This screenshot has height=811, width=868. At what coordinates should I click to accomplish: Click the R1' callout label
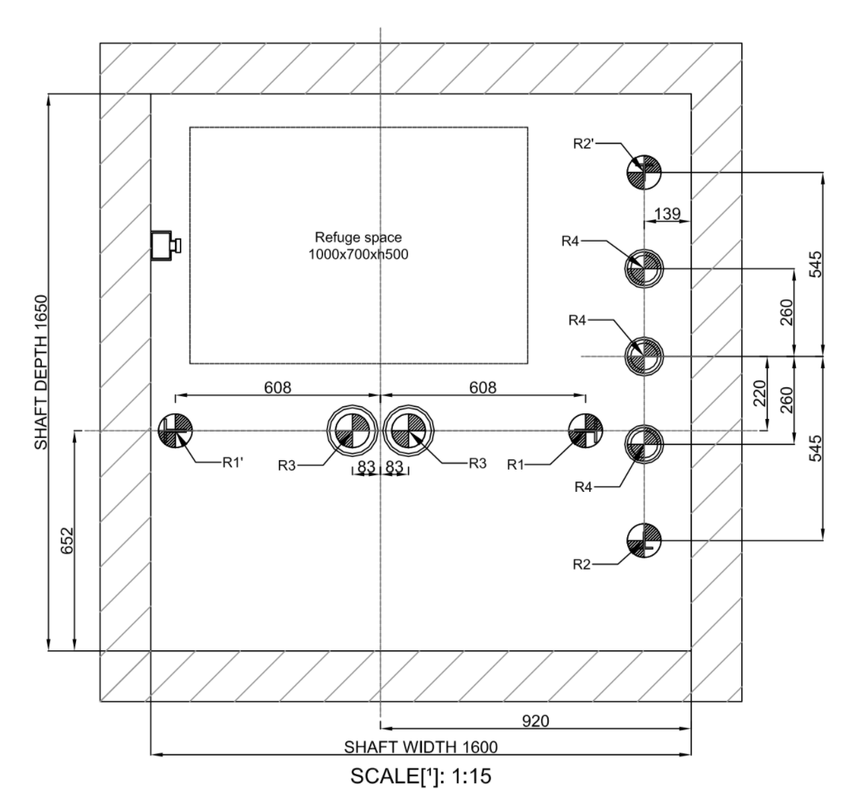click(233, 463)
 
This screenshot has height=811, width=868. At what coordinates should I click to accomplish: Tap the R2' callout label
click(584, 144)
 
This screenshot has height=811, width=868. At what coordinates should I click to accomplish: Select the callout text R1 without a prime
click(515, 465)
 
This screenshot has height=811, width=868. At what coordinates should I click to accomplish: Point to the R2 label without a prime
click(581, 565)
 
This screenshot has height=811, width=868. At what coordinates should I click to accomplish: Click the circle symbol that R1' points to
click(176, 430)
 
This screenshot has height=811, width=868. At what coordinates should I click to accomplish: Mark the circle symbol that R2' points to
click(644, 172)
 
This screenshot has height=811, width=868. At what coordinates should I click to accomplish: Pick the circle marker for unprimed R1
click(586, 430)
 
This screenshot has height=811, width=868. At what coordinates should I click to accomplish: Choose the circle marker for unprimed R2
click(644, 540)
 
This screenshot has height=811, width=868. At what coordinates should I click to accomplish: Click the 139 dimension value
click(667, 213)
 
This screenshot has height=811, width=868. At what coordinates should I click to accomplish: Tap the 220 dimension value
click(759, 393)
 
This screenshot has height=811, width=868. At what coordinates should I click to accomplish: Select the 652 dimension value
click(67, 540)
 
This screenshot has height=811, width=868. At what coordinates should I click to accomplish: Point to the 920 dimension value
click(535, 721)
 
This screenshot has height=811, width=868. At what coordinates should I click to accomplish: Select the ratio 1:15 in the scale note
click(472, 776)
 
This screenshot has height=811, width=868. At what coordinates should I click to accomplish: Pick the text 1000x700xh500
click(358, 255)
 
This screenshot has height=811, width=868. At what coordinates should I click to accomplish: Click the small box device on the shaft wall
click(166, 245)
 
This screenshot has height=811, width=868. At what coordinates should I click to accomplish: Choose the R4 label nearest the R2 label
click(584, 487)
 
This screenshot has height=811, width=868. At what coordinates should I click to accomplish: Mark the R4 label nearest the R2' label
click(570, 242)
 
